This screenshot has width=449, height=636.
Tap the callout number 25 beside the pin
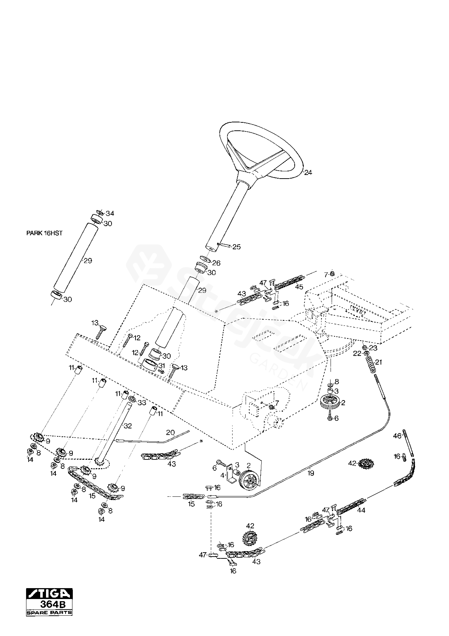coord(237,247)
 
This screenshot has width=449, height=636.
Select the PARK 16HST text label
coord(44,233)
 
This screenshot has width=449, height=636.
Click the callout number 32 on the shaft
coord(128,426)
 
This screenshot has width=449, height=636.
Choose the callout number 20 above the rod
coord(170,432)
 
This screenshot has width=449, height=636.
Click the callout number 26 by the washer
coord(216,263)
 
